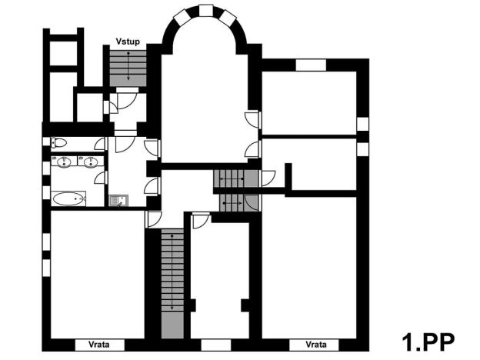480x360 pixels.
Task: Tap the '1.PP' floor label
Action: tap(428, 340)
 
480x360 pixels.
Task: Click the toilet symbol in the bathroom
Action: tap(56, 143)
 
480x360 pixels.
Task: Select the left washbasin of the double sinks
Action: tap(63, 162)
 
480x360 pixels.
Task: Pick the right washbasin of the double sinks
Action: tap(90, 162)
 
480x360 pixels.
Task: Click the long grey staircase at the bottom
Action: tap(172, 285)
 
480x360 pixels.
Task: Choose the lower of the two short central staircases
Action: tap(237, 202)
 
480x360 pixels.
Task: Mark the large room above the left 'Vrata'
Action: tap(96, 273)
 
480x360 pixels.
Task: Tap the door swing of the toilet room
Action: tap(100, 145)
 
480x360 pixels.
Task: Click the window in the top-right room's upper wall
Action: tap(312, 65)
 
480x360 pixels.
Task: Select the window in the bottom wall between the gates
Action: tap(209, 343)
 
